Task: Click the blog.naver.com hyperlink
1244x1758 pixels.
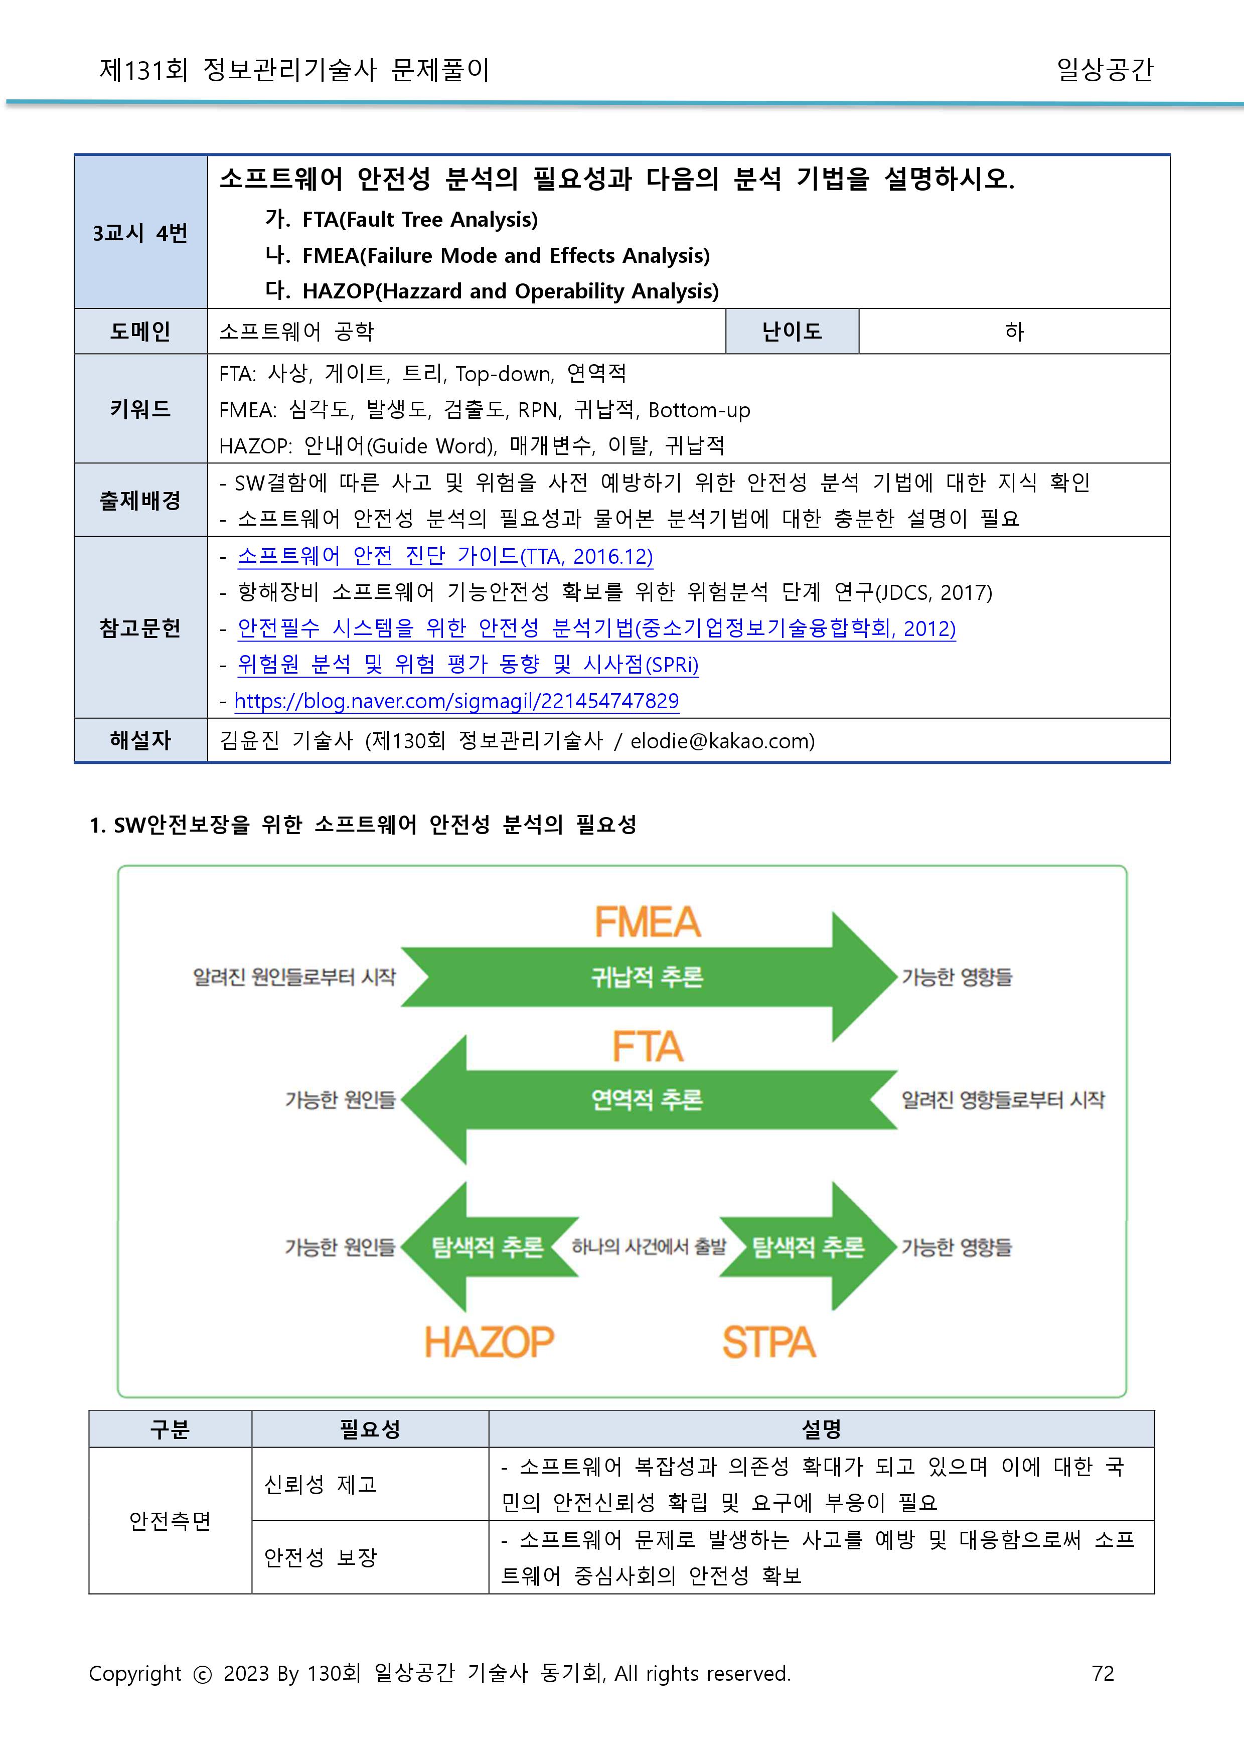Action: coord(456,701)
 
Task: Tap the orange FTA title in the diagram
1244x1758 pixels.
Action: coord(647,1046)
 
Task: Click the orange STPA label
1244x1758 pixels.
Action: coord(769,1342)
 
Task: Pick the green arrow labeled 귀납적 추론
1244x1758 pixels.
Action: coord(647,977)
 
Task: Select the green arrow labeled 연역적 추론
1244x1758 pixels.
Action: coord(647,1099)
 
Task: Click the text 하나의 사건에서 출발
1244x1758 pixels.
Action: coord(649,1247)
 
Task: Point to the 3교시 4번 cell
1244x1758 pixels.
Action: coord(140,233)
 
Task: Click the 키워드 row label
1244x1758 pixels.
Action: coord(140,409)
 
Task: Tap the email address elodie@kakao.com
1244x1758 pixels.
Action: coord(722,741)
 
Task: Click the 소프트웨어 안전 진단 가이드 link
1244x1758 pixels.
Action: coord(444,556)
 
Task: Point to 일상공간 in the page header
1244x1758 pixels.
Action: coord(1105,70)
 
